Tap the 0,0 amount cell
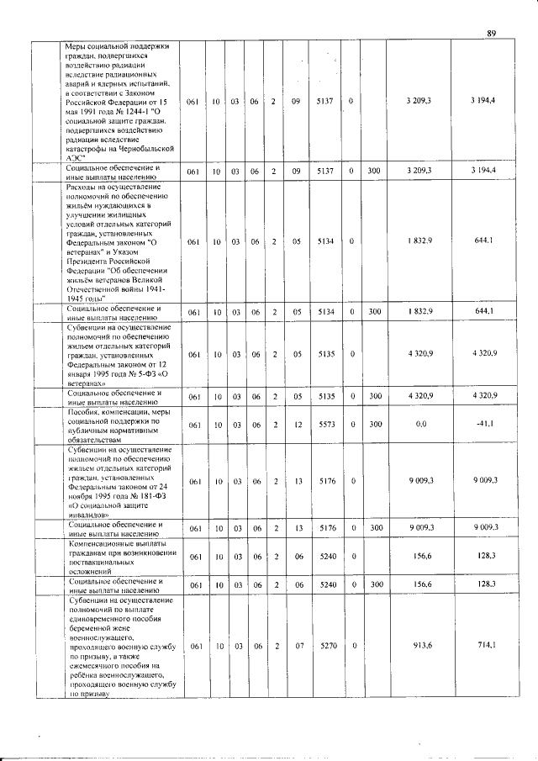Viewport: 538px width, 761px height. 422,425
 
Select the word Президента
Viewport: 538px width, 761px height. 88,270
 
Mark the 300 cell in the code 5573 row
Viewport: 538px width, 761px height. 373,425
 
